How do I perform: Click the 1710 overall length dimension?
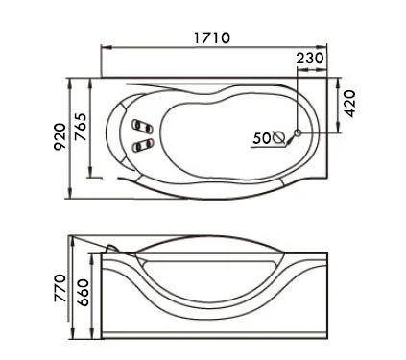(212, 37)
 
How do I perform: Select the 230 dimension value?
(310, 59)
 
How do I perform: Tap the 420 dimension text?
(349, 104)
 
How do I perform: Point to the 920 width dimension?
(60, 137)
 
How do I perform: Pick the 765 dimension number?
(81, 127)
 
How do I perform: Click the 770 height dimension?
(60, 288)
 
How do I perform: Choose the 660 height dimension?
(83, 293)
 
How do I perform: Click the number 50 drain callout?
(261, 138)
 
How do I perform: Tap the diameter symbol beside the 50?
(278, 137)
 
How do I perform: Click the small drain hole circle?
(298, 132)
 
